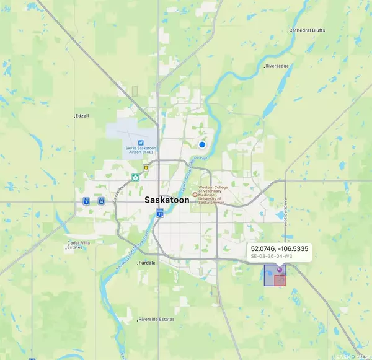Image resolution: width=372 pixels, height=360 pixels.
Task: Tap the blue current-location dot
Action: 202,144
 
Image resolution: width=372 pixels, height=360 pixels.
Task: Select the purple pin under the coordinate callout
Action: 280,270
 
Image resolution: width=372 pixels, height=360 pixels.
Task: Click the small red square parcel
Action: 280,280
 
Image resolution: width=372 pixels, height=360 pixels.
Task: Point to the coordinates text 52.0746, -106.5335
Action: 279,248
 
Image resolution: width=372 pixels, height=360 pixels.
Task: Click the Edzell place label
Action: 82,116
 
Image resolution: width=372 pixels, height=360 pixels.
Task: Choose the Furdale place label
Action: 148,263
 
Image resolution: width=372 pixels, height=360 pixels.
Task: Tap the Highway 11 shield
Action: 160,213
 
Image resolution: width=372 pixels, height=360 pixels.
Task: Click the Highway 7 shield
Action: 86,201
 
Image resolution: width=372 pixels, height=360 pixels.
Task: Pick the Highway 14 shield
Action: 100,201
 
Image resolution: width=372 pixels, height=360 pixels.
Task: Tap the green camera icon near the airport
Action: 135,177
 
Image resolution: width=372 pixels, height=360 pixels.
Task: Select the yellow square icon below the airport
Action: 146,167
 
